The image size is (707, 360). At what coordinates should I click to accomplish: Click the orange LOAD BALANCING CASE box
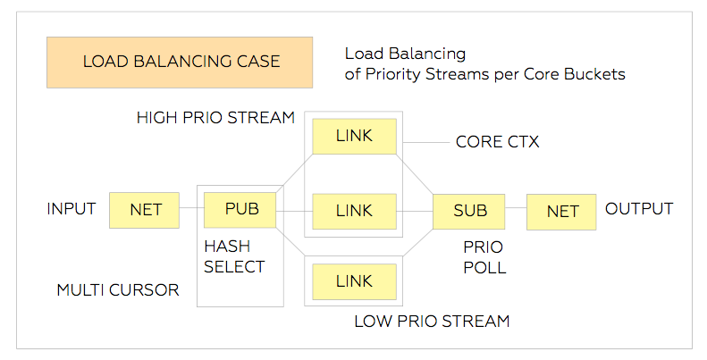[x=180, y=63]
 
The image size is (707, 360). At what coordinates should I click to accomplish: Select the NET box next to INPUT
[x=144, y=210]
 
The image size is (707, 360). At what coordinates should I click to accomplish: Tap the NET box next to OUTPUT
[x=561, y=212]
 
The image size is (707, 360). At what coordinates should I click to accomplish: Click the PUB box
[x=240, y=210]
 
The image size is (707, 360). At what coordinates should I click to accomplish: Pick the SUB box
[x=469, y=212]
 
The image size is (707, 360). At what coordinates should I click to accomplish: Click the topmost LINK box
[x=355, y=136]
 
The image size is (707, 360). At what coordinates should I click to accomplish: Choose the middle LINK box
[x=355, y=212]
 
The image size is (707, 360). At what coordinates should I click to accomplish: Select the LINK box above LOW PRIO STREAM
[x=355, y=281]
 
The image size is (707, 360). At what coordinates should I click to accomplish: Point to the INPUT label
[x=72, y=209]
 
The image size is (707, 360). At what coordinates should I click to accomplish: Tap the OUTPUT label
[x=639, y=209]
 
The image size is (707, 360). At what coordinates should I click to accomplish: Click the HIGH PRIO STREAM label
[x=215, y=118]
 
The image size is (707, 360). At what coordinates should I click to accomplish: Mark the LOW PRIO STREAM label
[x=432, y=322]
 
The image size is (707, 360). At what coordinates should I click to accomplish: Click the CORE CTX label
[x=497, y=142]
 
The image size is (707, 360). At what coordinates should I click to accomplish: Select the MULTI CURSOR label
[x=118, y=289]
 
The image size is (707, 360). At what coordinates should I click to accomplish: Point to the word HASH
[x=227, y=247]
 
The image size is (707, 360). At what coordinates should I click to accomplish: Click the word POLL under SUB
[x=484, y=268]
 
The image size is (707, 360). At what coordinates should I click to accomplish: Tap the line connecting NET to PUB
[x=191, y=208]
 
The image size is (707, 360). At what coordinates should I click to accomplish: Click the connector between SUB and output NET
[x=516, y=208]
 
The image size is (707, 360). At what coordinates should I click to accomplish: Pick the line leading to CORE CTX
[x=426, y=142]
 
